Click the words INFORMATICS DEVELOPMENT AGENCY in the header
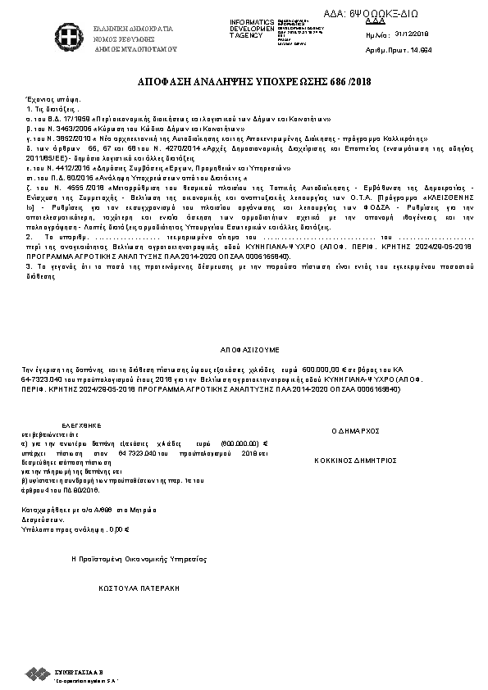tap(252, 28)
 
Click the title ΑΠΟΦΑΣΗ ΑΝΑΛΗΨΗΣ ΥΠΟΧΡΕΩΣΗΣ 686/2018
tap(244, 85)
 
